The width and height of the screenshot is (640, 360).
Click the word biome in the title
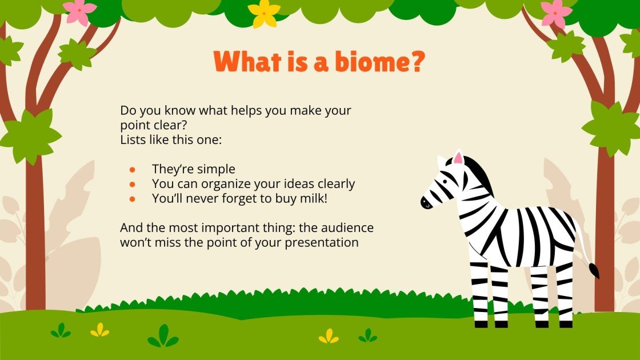click(x=363, y=62)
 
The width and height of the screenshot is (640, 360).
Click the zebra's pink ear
click(x=458, y=158)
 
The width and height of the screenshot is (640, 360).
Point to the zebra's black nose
click(x=425, y=202)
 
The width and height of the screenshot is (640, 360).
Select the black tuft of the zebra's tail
click(x=594, y=270)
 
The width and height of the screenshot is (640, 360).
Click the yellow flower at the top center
click(x=264, y=13)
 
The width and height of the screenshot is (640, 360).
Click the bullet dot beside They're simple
click(x=133, y=169)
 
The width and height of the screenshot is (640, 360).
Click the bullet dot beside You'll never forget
click(x=133, y=198)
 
